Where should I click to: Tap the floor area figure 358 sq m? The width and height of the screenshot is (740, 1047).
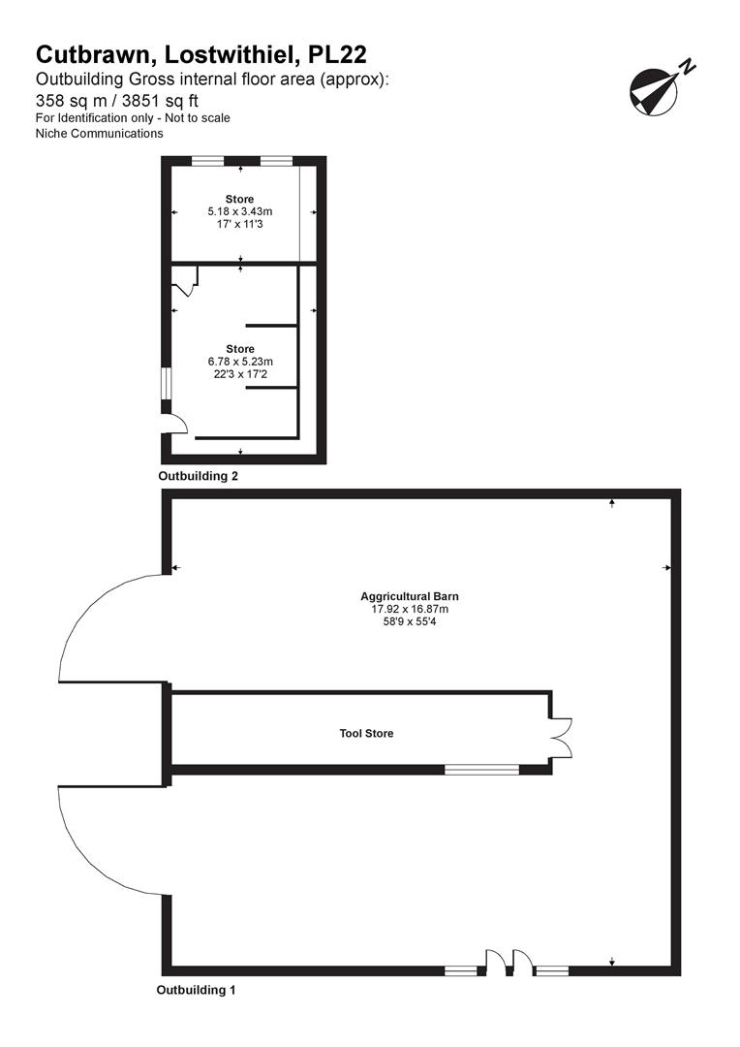point(74,99)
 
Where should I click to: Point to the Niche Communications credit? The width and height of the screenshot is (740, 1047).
point(100,134)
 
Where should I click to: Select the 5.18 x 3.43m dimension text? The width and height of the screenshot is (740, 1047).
point(240,211)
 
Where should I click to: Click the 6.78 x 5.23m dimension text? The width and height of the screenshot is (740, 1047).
point(240,362)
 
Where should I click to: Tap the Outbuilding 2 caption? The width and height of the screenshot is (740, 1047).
point(198,476)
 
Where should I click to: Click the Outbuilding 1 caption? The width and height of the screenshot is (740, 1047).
point(197,991)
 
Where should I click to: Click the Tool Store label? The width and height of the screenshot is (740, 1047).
point(366,734)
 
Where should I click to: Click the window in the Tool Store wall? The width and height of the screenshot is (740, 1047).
point(481,770)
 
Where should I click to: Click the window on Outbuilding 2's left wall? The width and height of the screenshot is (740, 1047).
point(165,384)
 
